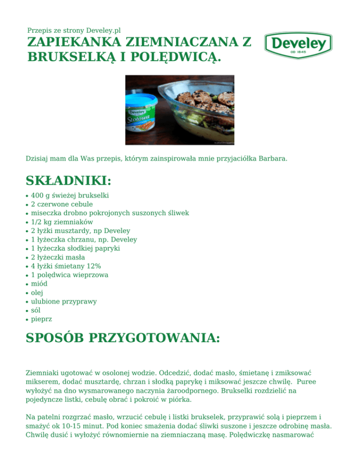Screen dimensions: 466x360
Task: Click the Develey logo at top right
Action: click(298, 45)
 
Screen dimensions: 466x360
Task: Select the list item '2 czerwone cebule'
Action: click(62, 204)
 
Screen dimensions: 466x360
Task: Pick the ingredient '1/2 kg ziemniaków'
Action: click(61, 222)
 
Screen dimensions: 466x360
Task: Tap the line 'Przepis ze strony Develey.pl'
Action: click(74, 30)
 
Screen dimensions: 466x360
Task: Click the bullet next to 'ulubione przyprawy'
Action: click(27, 301)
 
